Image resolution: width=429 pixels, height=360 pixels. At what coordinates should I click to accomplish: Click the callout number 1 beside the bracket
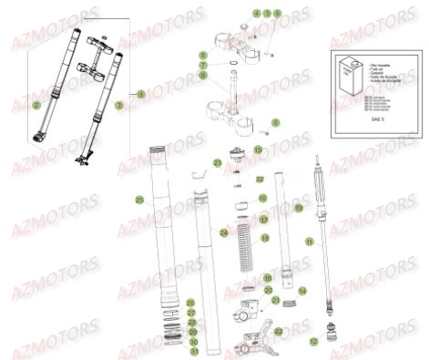coord(141,94)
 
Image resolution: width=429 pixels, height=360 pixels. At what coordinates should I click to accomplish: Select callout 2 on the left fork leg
coord(36,106)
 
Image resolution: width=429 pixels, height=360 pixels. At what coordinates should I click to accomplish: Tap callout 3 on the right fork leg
coord(118,107)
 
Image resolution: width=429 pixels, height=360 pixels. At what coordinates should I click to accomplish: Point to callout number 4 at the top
coord(231,14)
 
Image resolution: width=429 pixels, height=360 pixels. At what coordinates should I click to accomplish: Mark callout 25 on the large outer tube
coord(139,200)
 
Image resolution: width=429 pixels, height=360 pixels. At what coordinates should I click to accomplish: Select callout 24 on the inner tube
coord(223,232)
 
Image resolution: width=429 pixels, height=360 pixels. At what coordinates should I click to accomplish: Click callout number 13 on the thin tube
coord(297,208)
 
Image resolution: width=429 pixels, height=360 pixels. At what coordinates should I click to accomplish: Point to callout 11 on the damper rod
coord(309,242)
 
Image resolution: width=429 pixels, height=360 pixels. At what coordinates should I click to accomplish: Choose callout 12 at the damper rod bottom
coord(313,342)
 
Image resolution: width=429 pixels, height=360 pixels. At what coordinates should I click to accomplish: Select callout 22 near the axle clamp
coord(278,332)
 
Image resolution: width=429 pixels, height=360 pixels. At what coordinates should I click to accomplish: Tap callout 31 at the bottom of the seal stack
coord(192,352)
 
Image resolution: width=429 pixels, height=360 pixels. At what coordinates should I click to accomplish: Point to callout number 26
coord(190,303)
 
